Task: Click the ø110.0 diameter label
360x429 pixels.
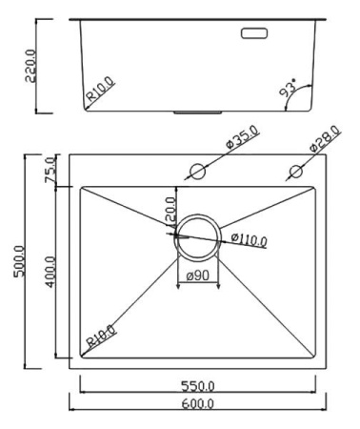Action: click(x=247, y=239)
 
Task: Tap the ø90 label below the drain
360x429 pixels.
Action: click(x=198, y=275)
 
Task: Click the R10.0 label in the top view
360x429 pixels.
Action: click(x=101, y=336)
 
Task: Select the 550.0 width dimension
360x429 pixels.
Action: click(x=198, y=385)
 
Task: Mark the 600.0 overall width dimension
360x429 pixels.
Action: click(x=198, y=404)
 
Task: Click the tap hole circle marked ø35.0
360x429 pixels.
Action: click(x=198, y=172)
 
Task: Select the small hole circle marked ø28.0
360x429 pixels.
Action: click(x=296, y=172)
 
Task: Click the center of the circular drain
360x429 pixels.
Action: click(x=198, y=234)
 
